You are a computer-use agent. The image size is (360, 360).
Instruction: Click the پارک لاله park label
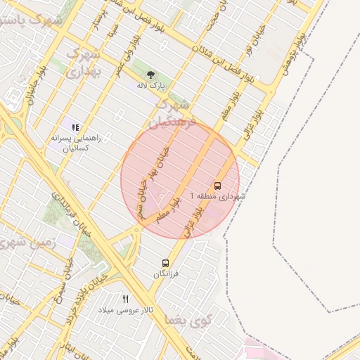150,85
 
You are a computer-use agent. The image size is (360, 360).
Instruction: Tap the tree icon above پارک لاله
150,73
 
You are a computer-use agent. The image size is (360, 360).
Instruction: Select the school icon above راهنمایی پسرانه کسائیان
75,127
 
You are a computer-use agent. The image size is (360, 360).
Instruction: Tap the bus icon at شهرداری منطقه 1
217,186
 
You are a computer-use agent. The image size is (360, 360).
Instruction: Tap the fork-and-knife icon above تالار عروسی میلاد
126,299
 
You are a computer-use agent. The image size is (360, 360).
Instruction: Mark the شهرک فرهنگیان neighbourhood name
175,114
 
